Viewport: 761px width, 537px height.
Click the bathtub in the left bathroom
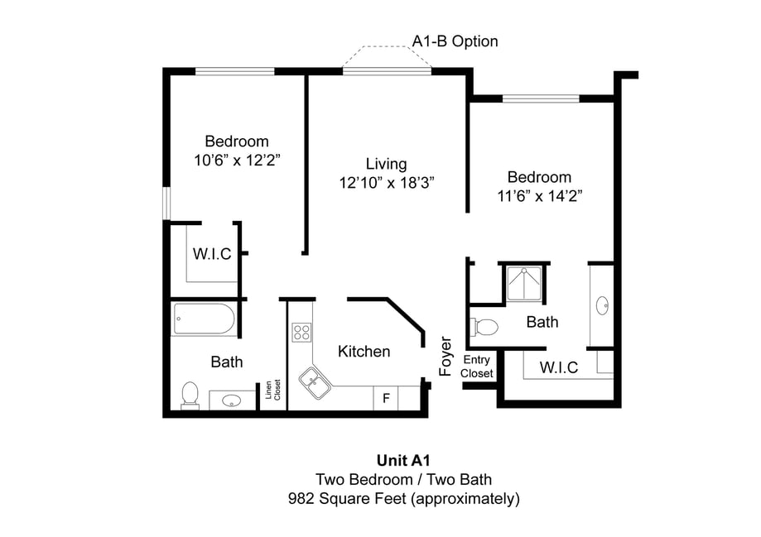204,319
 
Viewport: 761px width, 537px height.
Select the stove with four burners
301,333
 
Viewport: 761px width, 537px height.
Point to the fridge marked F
386,398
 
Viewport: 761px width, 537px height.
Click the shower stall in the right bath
523,284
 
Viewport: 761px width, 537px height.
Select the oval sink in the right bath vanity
602,305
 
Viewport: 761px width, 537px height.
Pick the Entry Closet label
477,367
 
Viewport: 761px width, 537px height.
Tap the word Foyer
446,356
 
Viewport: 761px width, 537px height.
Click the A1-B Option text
455,41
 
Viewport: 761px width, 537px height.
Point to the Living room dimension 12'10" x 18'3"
387,183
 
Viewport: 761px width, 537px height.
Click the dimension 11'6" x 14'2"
539,197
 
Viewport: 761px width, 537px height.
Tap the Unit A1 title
403,461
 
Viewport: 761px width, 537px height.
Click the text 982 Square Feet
348,499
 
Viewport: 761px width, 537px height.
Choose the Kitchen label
364,352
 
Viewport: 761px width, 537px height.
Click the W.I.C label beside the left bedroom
212,254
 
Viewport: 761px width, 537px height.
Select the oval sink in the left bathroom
231,401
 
